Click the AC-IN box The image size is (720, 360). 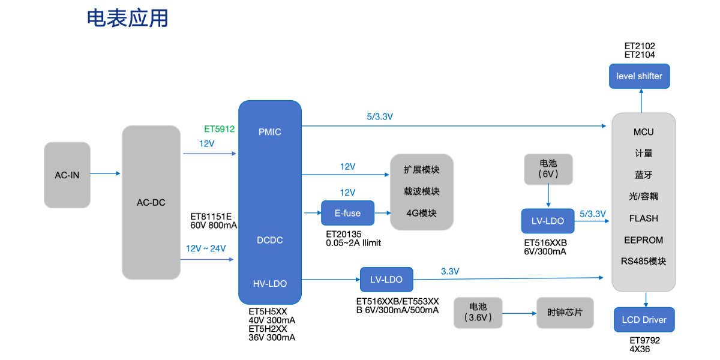(67, 175)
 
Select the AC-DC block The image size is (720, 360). (151, 202)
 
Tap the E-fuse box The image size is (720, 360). (347, 213)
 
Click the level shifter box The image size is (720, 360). (640, 76)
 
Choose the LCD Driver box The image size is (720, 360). (644, 320)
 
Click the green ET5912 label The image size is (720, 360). (219, 128)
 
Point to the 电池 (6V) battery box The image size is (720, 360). (548, 169)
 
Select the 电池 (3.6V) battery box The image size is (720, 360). (478, 313)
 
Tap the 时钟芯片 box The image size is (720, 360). (565, 313)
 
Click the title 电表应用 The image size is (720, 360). (128, 19)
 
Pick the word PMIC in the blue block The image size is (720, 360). (269, 132)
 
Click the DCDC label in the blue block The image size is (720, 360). (269, 240)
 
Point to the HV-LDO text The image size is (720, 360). (269, 283)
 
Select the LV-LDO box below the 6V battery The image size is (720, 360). (547, 221)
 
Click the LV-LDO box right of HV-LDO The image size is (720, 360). (386, 280)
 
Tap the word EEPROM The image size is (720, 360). (644, 240)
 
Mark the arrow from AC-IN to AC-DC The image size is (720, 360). (106, 174)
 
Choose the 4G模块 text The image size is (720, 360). (421, 214)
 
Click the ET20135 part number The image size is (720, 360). (344, 234)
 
